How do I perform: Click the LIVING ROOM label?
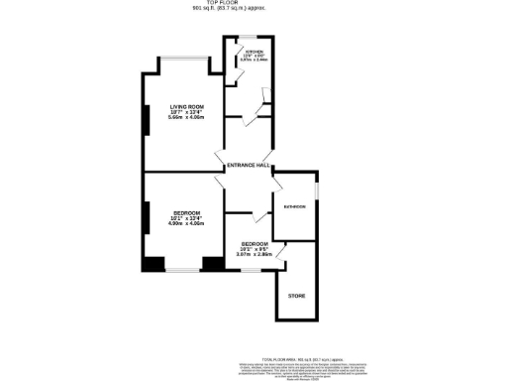[x=186, y=106]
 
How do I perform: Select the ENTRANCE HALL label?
[x=249, y=165]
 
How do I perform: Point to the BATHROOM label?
[x=294, y=206]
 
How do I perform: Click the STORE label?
[x=296, y=296]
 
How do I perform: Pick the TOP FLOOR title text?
[x=253, y=4]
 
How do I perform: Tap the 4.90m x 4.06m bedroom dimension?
[x=185, y=223]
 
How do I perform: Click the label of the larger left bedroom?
[x=185, y=212]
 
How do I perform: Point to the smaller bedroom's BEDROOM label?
[x=254, y=243]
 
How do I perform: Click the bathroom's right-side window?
[x=317, y=193]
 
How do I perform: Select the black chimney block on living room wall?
[x=147, y=119]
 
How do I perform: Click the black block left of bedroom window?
[x=152, y=264]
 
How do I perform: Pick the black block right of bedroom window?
[x=213, y=264]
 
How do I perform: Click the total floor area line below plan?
[x=308, y=358]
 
